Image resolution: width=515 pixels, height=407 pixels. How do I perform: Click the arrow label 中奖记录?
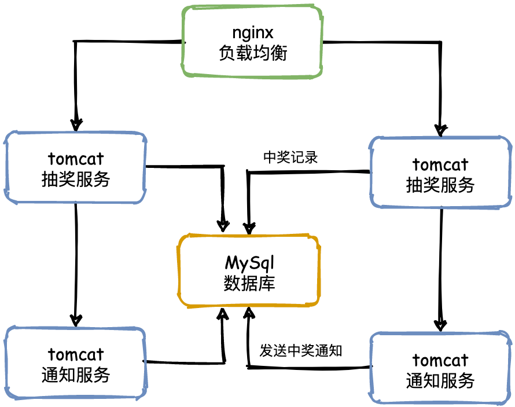290,157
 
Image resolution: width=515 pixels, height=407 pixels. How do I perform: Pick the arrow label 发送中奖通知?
301,351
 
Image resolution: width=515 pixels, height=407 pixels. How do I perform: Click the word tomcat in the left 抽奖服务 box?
76,158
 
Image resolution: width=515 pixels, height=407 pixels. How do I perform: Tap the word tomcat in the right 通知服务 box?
440,360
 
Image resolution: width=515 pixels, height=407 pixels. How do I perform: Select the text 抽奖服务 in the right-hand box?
440,185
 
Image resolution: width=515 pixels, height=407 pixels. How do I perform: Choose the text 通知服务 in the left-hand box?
76,375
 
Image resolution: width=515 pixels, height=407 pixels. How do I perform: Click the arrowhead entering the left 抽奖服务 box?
76,124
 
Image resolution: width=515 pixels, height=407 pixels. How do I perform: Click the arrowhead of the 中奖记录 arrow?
249,226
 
